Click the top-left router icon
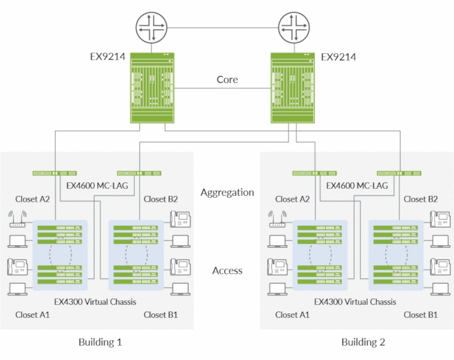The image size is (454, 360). pos(151,29)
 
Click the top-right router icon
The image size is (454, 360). pos(294,29)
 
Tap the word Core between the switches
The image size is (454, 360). pos(227,80)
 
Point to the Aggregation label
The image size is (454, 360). pos(227,193)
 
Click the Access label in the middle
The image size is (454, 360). pos(227,270)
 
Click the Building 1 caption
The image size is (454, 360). pos(100,342)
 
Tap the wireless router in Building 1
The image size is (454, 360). pos(17,219)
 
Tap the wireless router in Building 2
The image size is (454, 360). pos(278,219)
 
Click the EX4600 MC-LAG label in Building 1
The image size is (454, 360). pos(97,186)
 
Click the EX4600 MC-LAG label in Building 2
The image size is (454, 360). pos(357,186)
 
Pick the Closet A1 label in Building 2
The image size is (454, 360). pos(293,315)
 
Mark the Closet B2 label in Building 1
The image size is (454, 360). pos(160,199)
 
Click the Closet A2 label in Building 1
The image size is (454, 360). pos(32,199)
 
